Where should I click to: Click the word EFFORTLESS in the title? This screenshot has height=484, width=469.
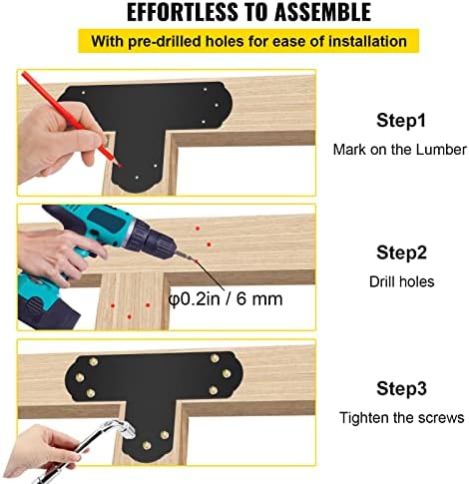coord(183,12)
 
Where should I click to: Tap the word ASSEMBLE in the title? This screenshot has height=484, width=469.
coord(322,12)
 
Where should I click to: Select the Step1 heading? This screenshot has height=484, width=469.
coord(401,120)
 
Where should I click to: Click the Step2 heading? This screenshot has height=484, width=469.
coord(401,252)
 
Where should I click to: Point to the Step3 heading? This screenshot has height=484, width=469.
coord(401,388)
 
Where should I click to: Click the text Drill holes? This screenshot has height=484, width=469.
coord(402,281)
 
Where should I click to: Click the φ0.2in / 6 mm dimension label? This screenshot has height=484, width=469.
coord(226,298)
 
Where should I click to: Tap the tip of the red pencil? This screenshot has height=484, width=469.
coord(122,166)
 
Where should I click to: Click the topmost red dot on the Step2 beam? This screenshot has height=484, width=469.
coord(198,229)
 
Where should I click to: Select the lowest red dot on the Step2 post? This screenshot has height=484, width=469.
coord(130,316)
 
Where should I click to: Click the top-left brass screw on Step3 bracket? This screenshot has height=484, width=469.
coord(94,361)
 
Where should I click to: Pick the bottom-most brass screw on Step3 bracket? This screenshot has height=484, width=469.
coord(147,445)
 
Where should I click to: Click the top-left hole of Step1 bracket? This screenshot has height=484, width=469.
coord(83,93)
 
